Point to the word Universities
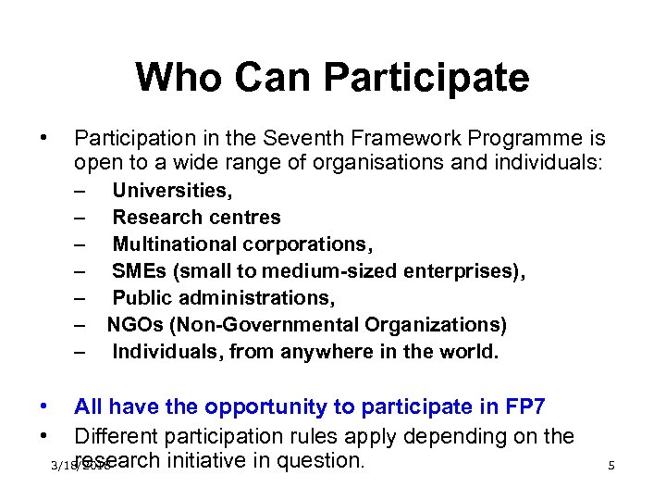pyautogui.click(x=172, y=191)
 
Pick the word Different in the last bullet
pyautogui.click(x=117, y=435)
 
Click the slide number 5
pyautogui.click(x=611, y=466)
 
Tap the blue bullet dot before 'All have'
pyautogui.click(x=43, y=406)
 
